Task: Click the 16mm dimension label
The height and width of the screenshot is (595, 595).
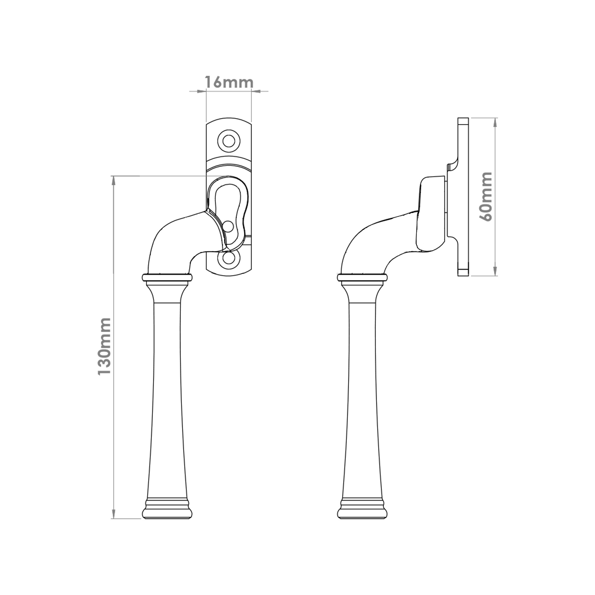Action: pyautogui.click(x=229, y=82)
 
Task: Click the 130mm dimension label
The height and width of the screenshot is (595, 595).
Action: pyautogui.click(x=104, y=347)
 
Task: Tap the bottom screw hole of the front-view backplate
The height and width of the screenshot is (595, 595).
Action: pyautogui.click(x=228, y=259)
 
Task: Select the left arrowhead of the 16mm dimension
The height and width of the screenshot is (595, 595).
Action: pyautogui.click(x=202, y=91)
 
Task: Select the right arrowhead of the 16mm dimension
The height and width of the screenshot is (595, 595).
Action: pyautogui.click(x=256, y=91)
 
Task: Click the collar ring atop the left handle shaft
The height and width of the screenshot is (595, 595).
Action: pyautogui.click(x=167, y=278)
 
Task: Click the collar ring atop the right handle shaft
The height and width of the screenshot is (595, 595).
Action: pyautogui.click(x=362, y=278)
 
